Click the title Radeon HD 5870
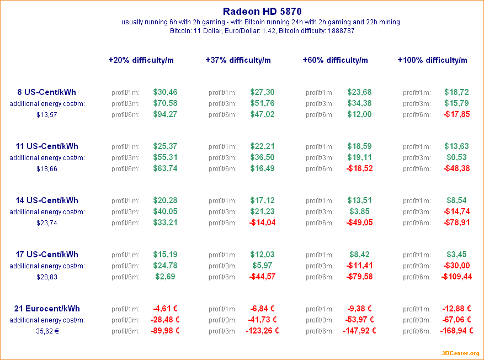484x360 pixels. click(262, 11)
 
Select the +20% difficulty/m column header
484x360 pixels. click(141, 60)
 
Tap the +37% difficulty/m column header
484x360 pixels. click(238, 60)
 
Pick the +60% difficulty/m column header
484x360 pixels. click(335, 60)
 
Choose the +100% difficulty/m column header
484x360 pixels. click(432, 60)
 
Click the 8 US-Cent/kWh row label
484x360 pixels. click(47, 92)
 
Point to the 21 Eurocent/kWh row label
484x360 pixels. click(47, 309)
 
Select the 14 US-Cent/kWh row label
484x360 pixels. click(47, 200)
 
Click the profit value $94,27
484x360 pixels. click(165, 114)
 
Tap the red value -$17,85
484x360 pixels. click(456, 114)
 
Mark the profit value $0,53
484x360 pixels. click(456, 157)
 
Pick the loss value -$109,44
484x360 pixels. click(456, 277)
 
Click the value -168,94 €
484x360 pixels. click(456, 331)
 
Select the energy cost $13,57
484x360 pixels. click(47, 115)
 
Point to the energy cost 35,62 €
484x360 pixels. click(47, 331)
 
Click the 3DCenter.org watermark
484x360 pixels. click(460, 353)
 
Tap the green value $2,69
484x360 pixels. click(165, 277)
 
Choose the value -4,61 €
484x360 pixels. click(165, 309)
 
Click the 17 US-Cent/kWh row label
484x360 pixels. click(47, 255)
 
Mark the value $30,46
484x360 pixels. click(165, 92)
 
